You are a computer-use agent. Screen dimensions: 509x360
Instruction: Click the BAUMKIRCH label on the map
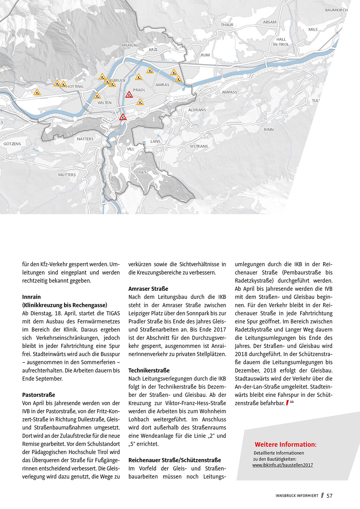[336, 10]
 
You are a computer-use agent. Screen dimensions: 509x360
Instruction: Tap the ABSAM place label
[270, 22]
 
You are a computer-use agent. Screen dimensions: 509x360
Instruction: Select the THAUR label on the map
[227, 25]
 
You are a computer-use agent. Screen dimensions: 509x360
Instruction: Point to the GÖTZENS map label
[12, 144]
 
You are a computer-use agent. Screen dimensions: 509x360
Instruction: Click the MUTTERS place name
[67, 175]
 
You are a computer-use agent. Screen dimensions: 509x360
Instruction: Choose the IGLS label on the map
[142, 172]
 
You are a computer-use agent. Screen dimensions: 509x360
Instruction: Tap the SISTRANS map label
[199, 146]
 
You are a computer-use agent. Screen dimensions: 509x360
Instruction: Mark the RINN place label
[269, 130]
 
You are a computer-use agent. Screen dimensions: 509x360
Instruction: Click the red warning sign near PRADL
[129, 95]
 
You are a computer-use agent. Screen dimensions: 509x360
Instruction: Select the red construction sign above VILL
[123, 117]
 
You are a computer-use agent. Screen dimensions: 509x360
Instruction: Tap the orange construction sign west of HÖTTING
[37, 92]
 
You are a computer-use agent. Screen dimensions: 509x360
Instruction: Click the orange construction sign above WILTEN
[97, 95]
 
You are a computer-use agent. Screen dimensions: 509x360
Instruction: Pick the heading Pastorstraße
[39, 395]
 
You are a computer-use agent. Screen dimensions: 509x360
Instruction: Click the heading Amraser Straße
[148, 289]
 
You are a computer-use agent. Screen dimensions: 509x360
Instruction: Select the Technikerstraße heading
[149, 370]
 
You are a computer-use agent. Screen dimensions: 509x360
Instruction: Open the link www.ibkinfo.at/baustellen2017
[282, 465]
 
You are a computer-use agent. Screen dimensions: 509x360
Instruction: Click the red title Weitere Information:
[285, 445]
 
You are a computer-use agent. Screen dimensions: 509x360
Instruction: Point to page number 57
[330, 496]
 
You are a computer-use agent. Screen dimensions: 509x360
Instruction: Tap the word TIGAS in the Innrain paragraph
[113, 313]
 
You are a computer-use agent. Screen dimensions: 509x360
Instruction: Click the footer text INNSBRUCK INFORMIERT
[297, 496]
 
